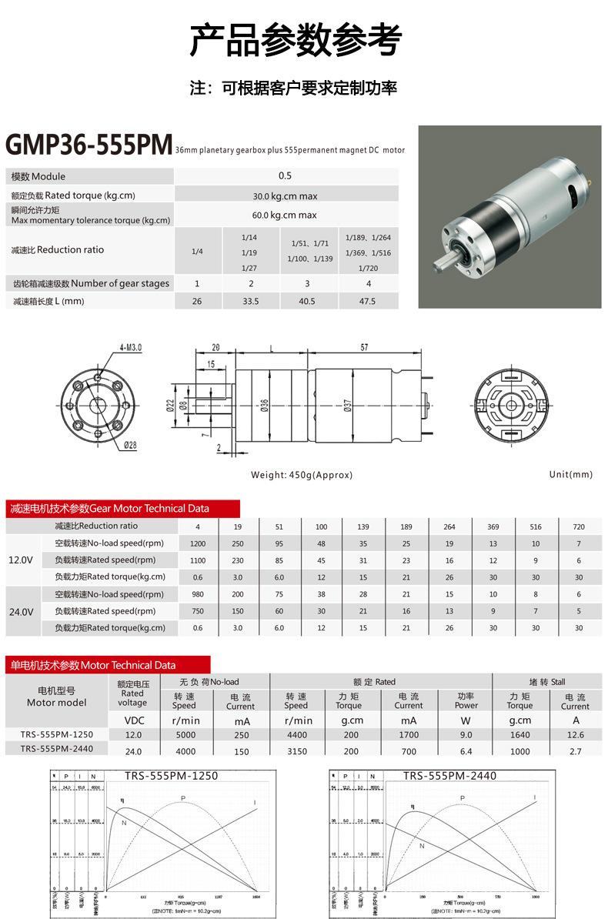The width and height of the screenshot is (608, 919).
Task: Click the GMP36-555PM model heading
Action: point(88,145)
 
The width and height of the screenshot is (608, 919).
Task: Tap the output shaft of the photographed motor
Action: point(444,274)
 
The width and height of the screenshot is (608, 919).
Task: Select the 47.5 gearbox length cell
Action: point(368,301)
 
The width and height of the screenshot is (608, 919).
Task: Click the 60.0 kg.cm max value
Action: point(285,216)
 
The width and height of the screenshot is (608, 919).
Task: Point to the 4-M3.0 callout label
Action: point(130,348)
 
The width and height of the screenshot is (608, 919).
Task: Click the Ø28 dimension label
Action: point(130,445)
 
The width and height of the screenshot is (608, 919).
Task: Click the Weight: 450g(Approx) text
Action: point(301,475)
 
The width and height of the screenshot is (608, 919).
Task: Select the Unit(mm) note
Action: point(570,474)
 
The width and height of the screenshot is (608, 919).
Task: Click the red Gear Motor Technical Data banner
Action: point(123,509)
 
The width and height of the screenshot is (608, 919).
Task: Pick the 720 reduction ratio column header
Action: point(579,526)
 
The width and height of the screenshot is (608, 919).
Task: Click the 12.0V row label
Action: point(20,560)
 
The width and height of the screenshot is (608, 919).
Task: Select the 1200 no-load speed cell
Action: point(198,543)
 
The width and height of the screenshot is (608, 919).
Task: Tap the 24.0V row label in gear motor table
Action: point(20,611)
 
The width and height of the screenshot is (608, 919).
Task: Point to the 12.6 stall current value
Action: point(574,735)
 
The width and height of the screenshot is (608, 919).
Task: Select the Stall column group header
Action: point(547,681)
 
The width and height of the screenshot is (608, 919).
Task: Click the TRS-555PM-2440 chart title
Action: point(449,775)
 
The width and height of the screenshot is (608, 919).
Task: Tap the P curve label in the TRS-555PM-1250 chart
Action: point(183,797)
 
